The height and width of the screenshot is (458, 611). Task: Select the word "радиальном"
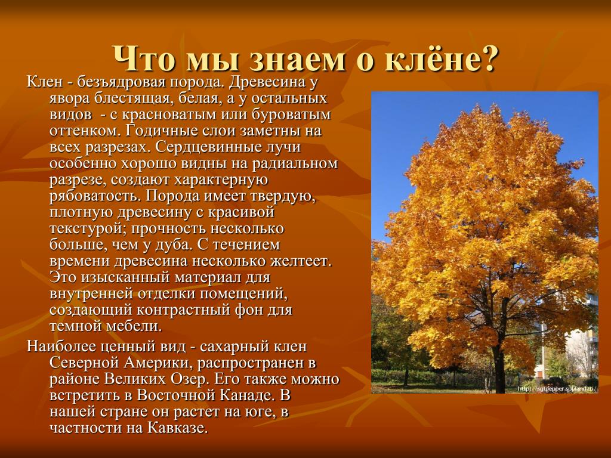295,163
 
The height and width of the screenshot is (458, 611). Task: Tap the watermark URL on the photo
558,389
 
